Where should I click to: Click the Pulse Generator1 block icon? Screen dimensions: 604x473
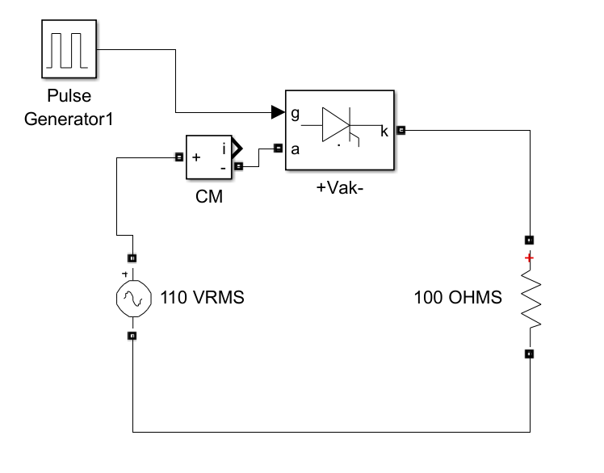[x=69, y=49]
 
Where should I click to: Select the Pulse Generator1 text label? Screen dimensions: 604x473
[x=69, y=107]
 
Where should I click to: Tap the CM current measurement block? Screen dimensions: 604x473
[x=209, y=157]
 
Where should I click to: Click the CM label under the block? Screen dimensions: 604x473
[x=209, y=196]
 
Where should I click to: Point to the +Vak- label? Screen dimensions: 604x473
[x=340, y=188]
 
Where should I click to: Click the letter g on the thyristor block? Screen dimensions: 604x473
[x=295, y=114]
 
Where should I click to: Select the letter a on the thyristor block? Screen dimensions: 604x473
[x=295, y=149]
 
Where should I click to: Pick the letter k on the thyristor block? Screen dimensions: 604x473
[x=384, y=132]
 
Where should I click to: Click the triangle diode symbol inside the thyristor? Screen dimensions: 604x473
[x=336, y=125]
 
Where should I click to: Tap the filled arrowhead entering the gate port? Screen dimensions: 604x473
[x=278, y=112]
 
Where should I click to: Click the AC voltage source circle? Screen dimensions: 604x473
[x=134, y=299]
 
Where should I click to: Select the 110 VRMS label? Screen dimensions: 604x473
[x=202, y=298]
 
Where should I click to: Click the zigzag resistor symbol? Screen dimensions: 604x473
[x=531, y=299]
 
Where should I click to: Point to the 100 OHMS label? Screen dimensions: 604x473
[x=458, y=298]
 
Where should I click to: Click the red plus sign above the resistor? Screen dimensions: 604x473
[x=530, y=257]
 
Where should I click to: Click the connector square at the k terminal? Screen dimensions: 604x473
[x=401, y=130]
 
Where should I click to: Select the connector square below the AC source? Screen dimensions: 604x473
[x=132, y=336]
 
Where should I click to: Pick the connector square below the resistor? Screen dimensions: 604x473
[x=530, y=354]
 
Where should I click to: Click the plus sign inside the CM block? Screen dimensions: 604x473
[x=196, y=157]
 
